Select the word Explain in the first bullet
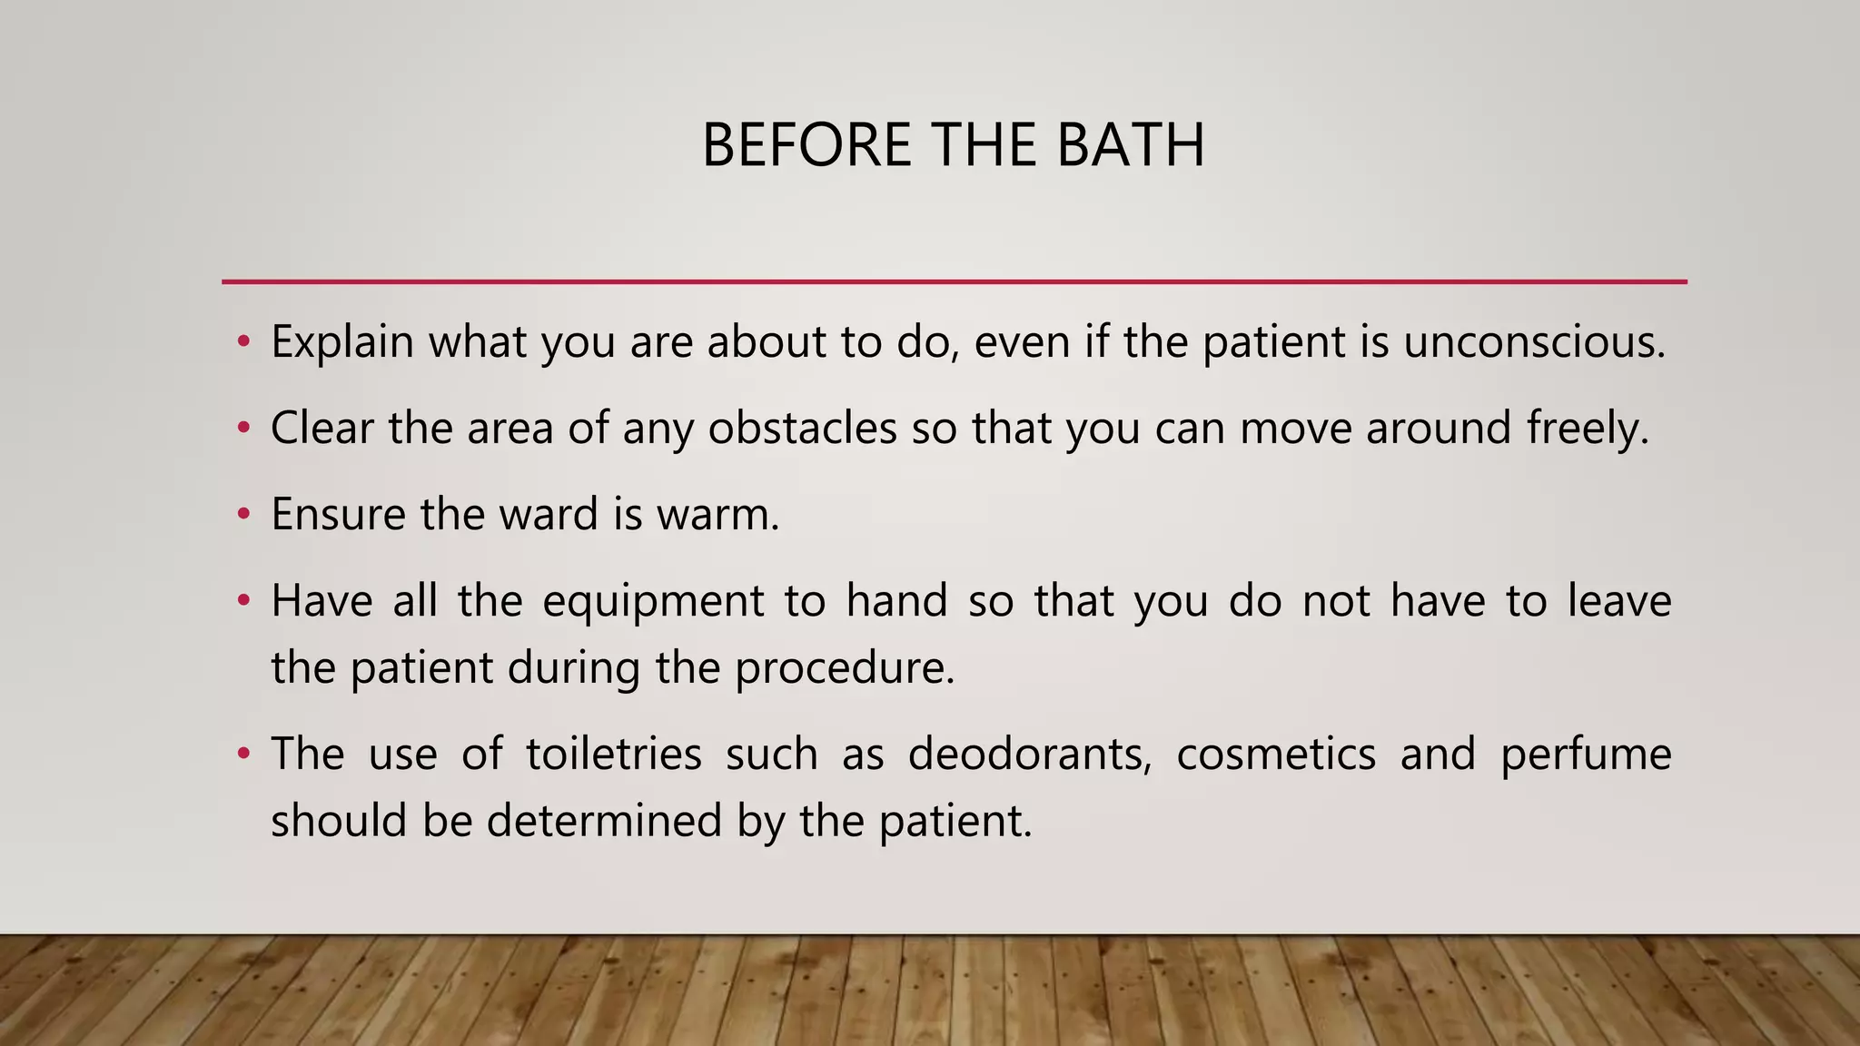342,343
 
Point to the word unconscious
1534,342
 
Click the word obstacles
802,428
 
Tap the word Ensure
338,514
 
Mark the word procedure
845,669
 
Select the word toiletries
614,754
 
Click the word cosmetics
1276,754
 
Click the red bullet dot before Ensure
242,515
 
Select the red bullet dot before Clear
242,429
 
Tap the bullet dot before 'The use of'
242,754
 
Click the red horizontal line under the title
954,281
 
